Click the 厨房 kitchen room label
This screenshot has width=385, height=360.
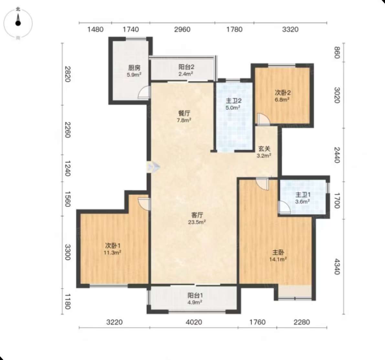pyautogui.click(x=134, y=67)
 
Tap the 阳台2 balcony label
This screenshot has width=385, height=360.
pyautogui.click(x=187, y=67)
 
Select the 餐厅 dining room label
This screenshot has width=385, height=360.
pyautogui.click(x=184, y=113)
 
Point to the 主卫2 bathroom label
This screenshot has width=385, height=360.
pyautogui.click(x=233, y=101)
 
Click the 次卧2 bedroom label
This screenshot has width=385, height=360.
pyautogui.click(x=283, y=93)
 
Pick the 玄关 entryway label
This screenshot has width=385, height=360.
pyautogui.click(x=264, y=149)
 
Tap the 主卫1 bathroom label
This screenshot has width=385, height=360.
pyautogui.click(x=303, y=195)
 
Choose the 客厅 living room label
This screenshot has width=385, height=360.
pyautogui.click(x=197, y=215)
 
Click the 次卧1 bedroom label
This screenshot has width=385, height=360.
pyautogui.click(x=113, y=245)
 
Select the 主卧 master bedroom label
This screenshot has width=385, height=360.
pyautogui.click(x=278, y=252)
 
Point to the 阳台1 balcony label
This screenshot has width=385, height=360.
pyautogui.click(x=195, y=295)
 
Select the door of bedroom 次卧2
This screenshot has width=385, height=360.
pyautogui.click(x=263, y=119)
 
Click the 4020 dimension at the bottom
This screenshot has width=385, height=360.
pyautogui.click(x=194, y=322)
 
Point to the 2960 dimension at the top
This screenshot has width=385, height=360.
pyautogui.click(x=182, y=29)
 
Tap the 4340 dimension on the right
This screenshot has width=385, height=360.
pyautogui.click(x=337, y=267)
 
